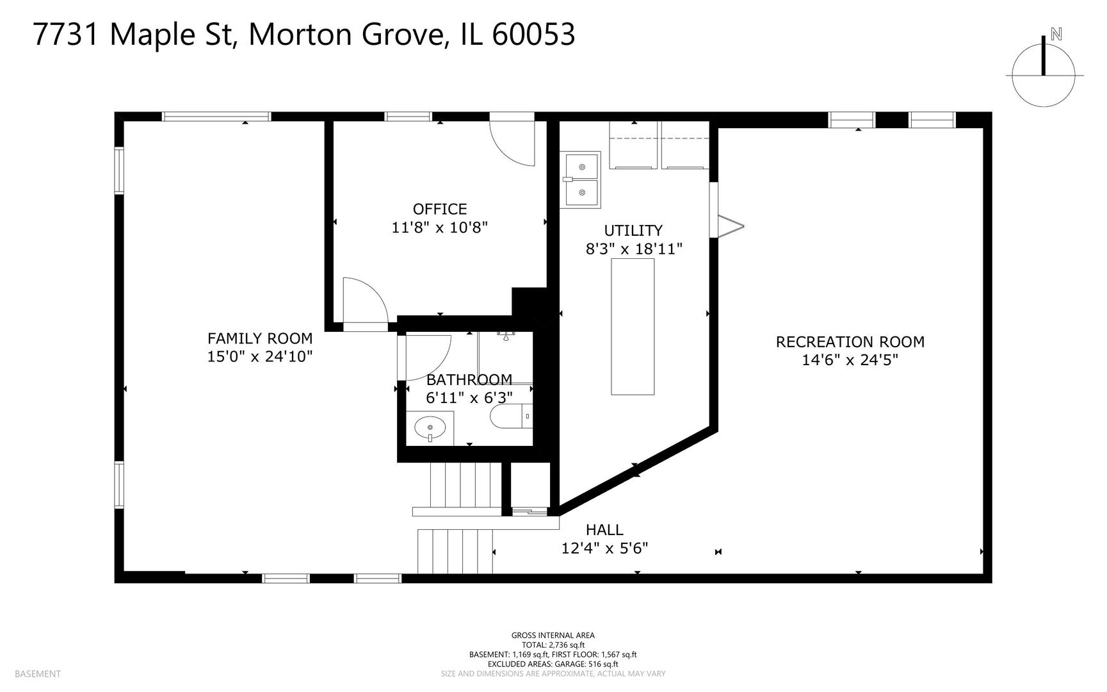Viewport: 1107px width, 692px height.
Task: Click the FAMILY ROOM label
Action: pos(260,338)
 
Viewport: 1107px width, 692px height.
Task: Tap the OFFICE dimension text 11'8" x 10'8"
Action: pos(440,227)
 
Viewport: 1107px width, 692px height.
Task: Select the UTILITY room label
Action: pos(633,230)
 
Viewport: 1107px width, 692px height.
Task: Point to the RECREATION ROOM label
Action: pos(850,342)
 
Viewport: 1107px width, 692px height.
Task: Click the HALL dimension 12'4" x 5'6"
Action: pos(604,548)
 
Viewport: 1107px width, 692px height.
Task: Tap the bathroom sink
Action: pos(430,428)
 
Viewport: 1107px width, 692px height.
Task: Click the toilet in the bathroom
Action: pos(511,416)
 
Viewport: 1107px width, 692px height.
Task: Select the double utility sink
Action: pos(581,179)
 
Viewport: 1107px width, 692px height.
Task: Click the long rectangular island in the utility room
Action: pos(633,327)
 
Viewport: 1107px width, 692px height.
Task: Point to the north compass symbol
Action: pos(1044,70)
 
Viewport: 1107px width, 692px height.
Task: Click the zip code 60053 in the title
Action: pos(533,34)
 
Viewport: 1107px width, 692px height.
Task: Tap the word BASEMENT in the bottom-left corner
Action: pos(37,673)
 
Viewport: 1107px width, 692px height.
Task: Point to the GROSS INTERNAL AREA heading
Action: pos(553,636)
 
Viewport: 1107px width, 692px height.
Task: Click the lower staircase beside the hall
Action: pos(455,552)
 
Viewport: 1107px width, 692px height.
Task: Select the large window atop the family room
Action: pos(216,117)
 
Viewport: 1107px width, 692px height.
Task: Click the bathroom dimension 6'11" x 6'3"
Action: pos(469,398)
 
